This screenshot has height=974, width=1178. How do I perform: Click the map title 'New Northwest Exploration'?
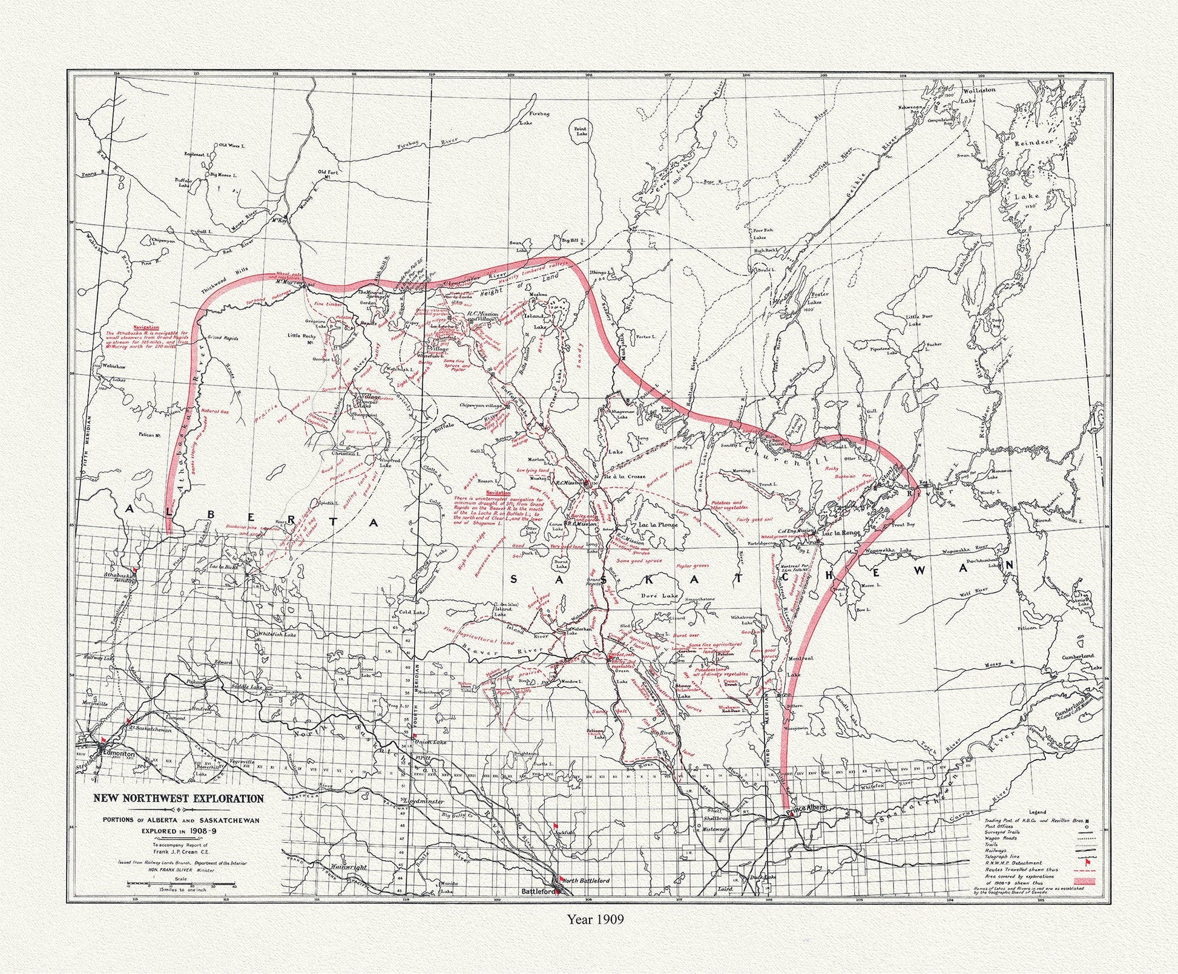pyautogui.click(x=178, y=798)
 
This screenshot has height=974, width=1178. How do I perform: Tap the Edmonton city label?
pyautogui.click(x=119, y=754)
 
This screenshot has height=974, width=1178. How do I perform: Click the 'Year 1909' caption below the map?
pyautogui.click(x=595, y=935)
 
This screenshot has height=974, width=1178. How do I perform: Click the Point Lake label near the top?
pyautogui.click(x=581, y=130)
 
